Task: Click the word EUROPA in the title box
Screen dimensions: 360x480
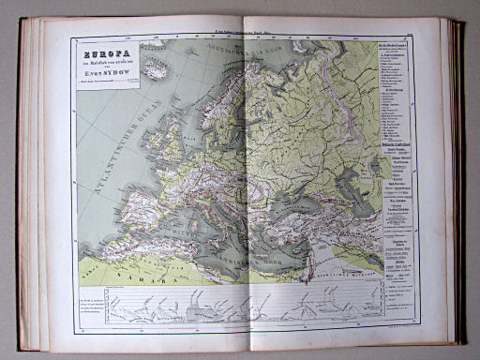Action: coord(104,54)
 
